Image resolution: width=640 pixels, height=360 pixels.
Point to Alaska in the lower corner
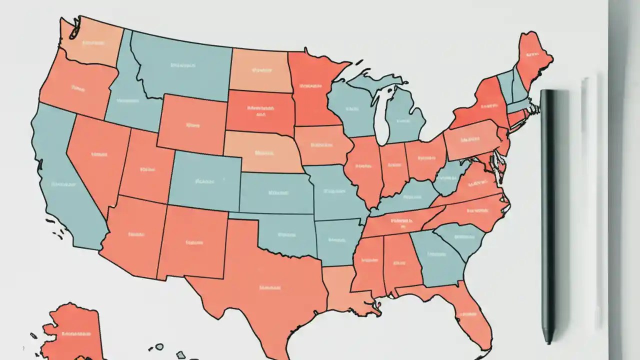(x=75, y=332)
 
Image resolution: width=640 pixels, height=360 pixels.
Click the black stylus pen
(x=548, y=215)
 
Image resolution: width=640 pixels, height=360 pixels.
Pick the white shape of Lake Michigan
(x=383, y=115)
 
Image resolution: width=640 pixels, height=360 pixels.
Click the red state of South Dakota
(x=260, y=112)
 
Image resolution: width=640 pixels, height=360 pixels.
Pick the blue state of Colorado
(x=205, y=180)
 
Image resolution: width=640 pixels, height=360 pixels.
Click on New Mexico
(x=192, y=242)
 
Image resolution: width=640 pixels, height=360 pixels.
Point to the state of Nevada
(x=97, y=155)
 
